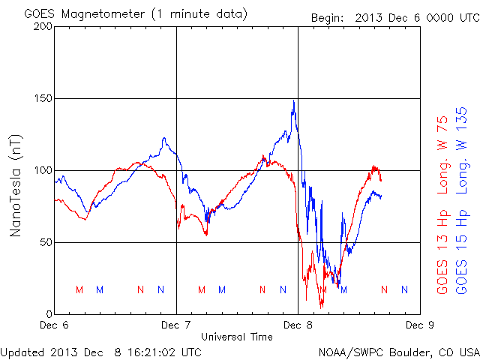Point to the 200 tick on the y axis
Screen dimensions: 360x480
(x=43, y=27)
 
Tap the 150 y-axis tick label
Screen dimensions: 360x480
(x=43, y=99)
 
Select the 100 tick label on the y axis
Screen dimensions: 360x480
(x=43, y=170)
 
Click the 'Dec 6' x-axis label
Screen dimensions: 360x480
(x=55, y=326)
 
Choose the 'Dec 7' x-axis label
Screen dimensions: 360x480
(x=176, y=326)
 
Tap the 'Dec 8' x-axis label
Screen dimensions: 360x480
(x=298, y=326)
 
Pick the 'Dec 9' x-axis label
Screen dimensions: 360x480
(x=419, y=326)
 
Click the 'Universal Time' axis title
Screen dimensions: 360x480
(x=237, y=337)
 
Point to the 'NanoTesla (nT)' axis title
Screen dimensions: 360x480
(x=15, y=185)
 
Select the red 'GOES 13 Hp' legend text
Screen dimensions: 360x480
(x=442, y=254)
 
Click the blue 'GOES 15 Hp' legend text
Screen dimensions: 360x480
(x=462, y=254)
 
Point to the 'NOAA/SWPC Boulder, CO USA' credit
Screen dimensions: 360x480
(x=398, y=351)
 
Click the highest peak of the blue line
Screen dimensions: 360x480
(x=294, y=101)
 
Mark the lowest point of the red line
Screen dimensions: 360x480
(x=322, y=307)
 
